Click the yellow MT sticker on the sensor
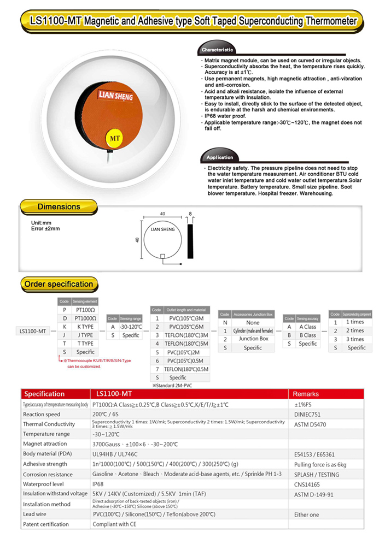coord(115,138)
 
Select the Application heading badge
coord(219,157)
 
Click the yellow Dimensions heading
coord(59,206)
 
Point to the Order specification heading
coord(59,284)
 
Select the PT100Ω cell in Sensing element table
coord(85,309)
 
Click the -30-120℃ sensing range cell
coord(131,327)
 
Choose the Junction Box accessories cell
coord(253,339)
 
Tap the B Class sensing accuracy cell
coord(307,335)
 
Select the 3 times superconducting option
coord(354,339)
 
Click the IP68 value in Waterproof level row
coord(98,483)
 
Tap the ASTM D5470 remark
coord(311,424)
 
